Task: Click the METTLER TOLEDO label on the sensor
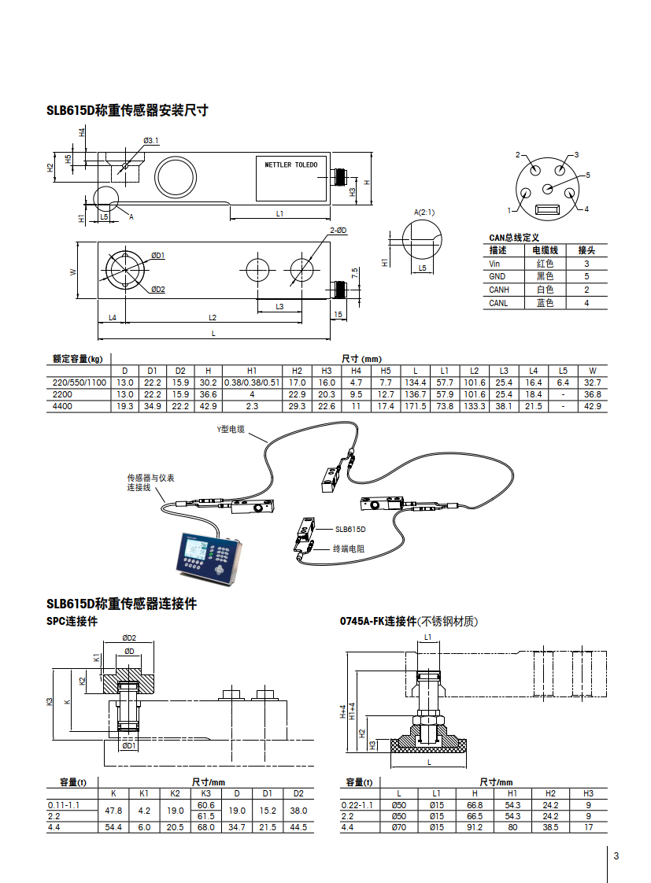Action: coord(291,165)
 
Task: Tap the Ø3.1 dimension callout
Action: coord(150,140)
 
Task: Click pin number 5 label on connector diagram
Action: coord(587,175)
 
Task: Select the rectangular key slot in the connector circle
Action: coord(546,210)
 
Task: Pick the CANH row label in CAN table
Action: coord(499,290)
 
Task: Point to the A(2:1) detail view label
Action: coord(424,212)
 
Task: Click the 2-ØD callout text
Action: coord(338,230)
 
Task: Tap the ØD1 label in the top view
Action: coord(158,256)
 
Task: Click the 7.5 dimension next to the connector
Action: coord(355,273)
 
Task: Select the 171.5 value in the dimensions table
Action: coord(415,406)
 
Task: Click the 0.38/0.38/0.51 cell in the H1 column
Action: coord(252,382)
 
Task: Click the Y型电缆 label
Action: coord(231,429)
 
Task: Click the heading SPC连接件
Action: coord(72,622)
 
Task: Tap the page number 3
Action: coord(617,856)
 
